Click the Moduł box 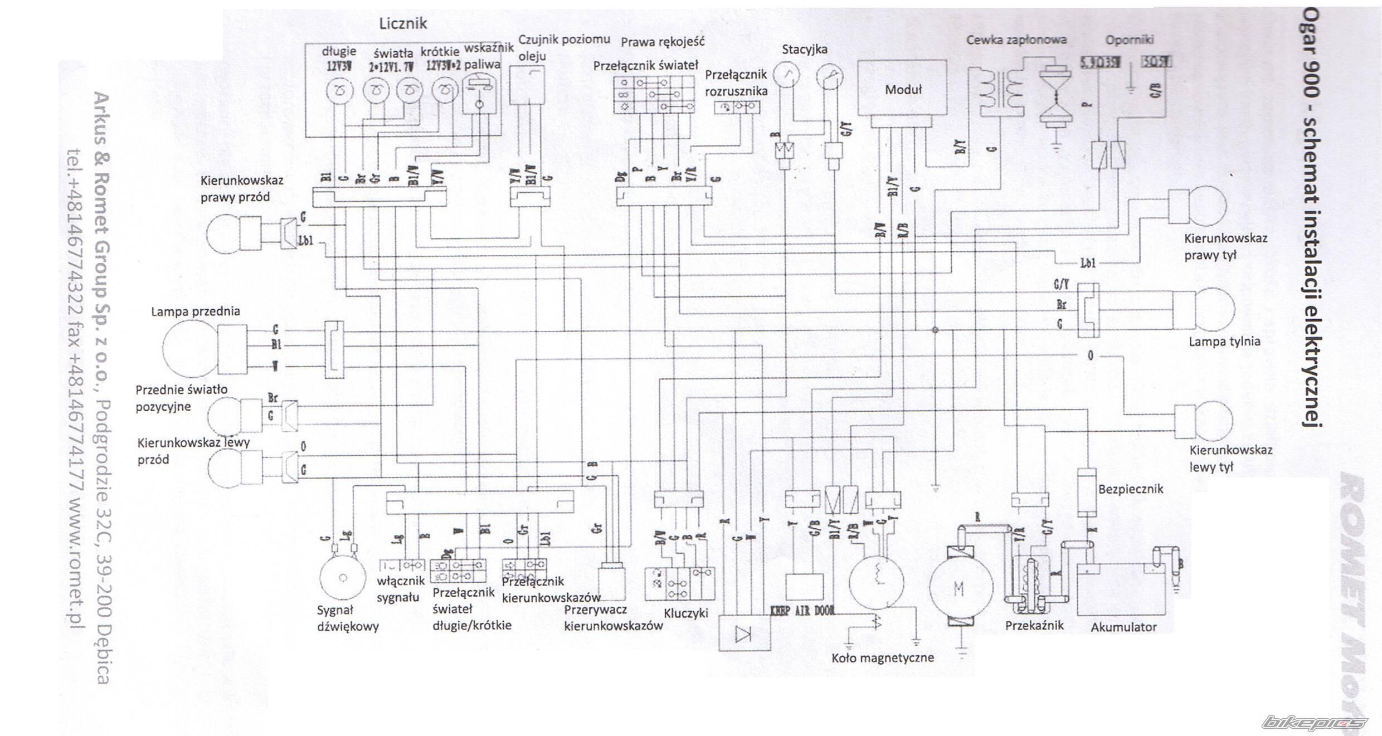(902, 89)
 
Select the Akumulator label (1123, 627)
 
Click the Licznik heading (403, 23)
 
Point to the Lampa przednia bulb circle (189, 349)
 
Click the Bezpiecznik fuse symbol (1087, 491)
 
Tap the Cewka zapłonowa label (1016, 40)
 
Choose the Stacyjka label (804, 50)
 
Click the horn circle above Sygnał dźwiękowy (342, 578)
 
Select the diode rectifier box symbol (745, 633)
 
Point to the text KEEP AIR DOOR (802, 611)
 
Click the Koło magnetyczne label (883, 658)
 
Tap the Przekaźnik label (1034, 626)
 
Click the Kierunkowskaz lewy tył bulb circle (1210, 420)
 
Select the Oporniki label (1130, 40)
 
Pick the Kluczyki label (686, 613)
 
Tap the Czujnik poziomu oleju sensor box (527, 85)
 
